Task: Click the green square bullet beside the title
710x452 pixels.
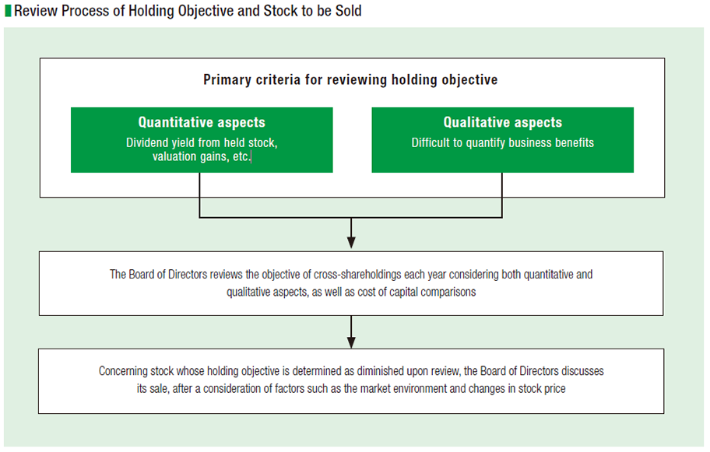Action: point(8,10)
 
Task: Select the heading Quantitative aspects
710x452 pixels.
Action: point(202,122)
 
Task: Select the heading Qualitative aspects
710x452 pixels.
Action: point(503,122)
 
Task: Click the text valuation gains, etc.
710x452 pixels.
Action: point(202,156)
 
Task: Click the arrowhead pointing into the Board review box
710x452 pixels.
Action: point(351,242)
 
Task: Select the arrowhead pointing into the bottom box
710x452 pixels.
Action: point(351,342)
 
